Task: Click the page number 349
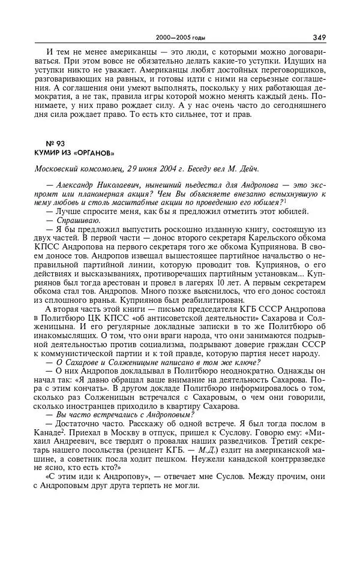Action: coord(319,37)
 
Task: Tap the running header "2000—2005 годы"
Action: coord(180,37)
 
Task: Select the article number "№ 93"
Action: coord(55,143)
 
